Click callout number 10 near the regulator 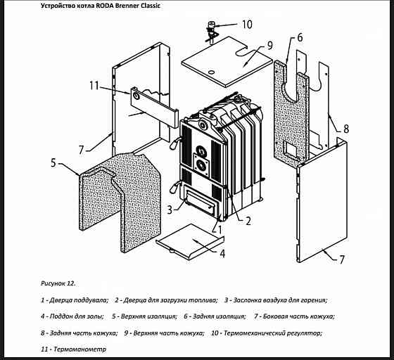[247, 25]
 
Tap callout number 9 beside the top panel [269, 46]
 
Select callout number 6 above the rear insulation [300, 37]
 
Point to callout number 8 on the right [346, 129]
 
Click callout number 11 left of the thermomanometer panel [94, 86]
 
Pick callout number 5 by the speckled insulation [53, 163]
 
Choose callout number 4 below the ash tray [222, 254]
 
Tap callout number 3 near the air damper [170, 210]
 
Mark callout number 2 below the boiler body [248, 221]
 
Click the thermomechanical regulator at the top [210, 32]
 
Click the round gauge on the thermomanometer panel [136, 96]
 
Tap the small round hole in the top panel [212, 72]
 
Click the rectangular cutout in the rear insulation [290, 148]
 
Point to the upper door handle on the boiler [174, 143]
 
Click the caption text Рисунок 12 [58, 283]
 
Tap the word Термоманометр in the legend [80, 349]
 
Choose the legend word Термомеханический [253, 333]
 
